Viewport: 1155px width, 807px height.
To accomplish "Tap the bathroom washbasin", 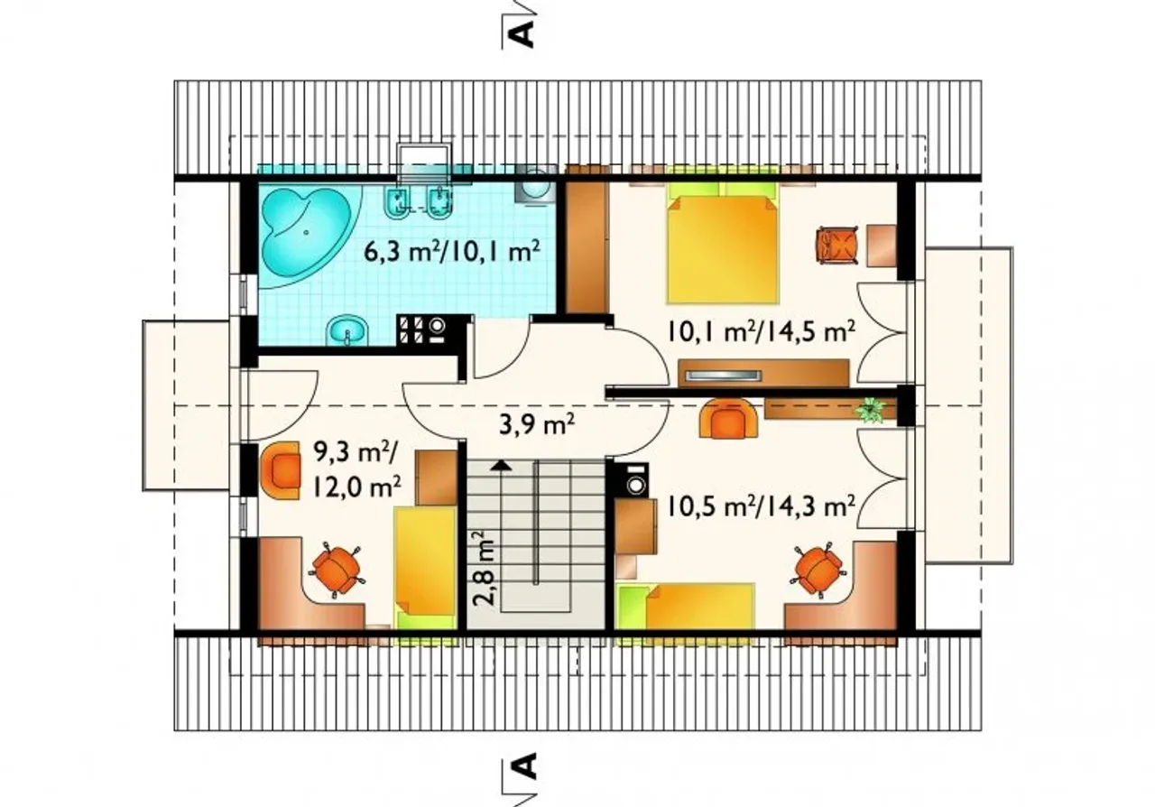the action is pyautogui.click(x=347, y=330).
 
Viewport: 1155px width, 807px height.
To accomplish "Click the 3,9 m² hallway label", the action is pyautogui.click(x=537, y=426).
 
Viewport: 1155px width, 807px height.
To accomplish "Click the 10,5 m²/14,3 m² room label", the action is pyautogui.click(x=762, y=506).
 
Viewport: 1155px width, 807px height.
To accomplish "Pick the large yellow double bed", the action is pyautogui.click(x=723, y=242).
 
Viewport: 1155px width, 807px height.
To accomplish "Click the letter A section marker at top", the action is pyautogui.click(x=521, y=33).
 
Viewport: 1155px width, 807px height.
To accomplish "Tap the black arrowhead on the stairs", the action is pyautogui.click(x=501, y=467).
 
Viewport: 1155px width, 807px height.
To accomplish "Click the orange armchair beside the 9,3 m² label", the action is pyautogui.click(x=281, y=470).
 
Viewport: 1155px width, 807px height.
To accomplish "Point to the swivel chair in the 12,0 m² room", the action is pyautogui.click(x=336, y=570).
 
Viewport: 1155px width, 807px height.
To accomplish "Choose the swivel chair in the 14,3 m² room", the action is pyautogui.click(x=818, y=570).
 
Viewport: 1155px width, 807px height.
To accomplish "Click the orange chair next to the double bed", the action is pyautogui.click(x=836, y=246).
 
